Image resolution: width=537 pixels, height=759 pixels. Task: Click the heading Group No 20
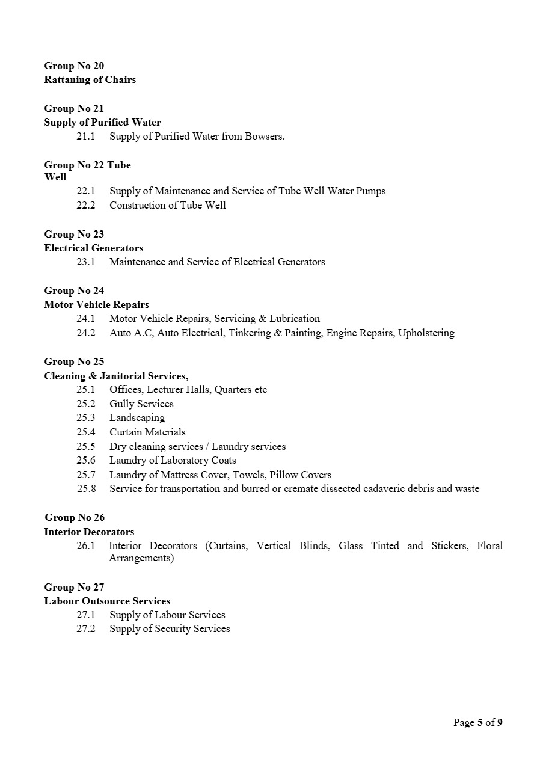click(74, 66)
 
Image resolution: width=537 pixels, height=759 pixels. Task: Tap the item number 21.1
click(86, 136)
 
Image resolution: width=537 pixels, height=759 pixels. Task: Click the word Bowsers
click(265, 136)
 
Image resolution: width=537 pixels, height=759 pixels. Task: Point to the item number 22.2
click(86, 205)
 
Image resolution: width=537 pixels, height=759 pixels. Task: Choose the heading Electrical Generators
click(93, 248)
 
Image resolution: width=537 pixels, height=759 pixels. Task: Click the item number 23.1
click(86, 262)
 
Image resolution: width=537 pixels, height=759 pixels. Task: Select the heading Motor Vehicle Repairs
click(96, 304)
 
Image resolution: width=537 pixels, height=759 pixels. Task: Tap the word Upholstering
click(426, 333)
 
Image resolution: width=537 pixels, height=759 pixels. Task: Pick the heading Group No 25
click(74, 361)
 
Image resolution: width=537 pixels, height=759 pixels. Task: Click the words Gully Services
click(141, 404)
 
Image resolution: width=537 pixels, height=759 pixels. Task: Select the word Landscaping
click(137, 417)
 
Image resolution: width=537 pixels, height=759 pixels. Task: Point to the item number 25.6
click(86, 460)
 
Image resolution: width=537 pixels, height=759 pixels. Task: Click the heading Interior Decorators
click(89, 532)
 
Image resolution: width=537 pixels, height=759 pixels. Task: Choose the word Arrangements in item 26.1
click(141, 558)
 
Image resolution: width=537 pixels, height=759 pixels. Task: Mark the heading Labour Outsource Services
click(107, 601)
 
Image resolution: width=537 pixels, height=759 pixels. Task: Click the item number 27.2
click(86, 628)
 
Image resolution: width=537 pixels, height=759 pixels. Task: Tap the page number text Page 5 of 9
click(477, 722)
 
